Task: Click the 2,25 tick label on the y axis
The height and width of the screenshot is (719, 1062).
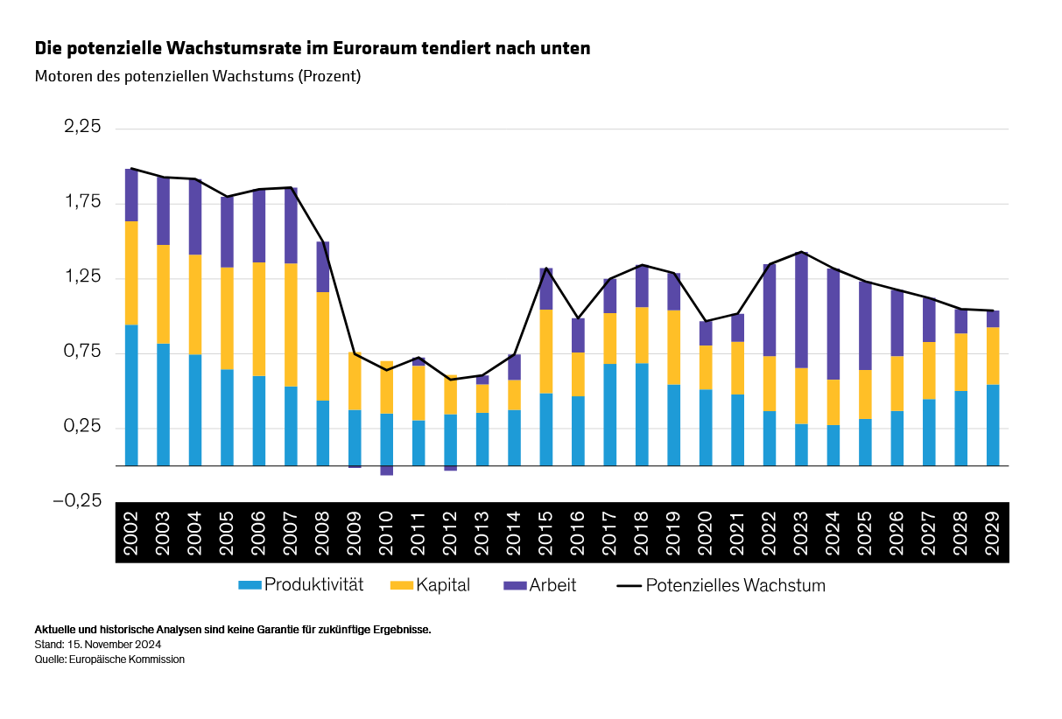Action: tap(83, 128)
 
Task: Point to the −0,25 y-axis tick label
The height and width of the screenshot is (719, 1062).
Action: tap(78, 502)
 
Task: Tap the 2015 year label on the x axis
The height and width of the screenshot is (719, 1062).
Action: tap(546, 532)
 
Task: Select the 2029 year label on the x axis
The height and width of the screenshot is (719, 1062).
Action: tap(993, 532)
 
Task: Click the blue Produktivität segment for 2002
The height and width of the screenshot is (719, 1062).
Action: tap(131, 394)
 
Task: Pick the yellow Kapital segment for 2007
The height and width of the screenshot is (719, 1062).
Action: tap(291, 325)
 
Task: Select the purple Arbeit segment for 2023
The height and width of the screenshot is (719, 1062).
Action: tap(801, 310)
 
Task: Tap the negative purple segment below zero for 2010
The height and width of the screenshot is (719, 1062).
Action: tap(386, 471)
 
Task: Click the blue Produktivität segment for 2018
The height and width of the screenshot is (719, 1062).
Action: tap(642, 414)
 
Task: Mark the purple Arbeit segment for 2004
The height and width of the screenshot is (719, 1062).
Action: tap(195, 217)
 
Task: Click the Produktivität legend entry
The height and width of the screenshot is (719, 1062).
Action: tap(301, 585)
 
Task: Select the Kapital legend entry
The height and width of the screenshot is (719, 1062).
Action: tap(430, 585)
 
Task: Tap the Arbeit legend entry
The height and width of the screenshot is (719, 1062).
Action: tap(541, 585)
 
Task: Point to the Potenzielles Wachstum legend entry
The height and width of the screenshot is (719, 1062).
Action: tap(721, 585)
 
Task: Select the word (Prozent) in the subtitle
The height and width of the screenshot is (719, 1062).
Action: tap(329, 76)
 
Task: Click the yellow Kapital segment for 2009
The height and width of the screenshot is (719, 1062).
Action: tap(355, 380)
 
